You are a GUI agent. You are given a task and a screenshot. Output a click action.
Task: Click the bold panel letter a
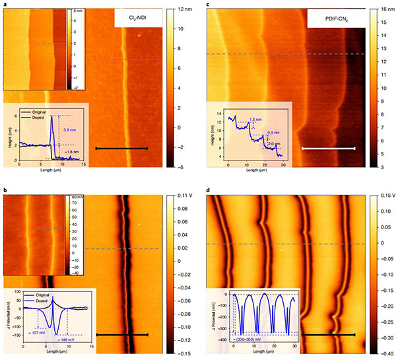(x=3, y=4)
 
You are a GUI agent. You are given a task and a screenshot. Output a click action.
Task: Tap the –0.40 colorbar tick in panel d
(x=382, y=353)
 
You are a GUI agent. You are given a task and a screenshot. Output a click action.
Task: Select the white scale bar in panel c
(x=328, y=149)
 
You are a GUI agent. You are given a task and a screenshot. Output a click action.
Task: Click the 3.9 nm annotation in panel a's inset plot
(x=70, y=130)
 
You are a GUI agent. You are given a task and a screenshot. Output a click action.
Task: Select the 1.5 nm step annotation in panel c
(x=254, y=120)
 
